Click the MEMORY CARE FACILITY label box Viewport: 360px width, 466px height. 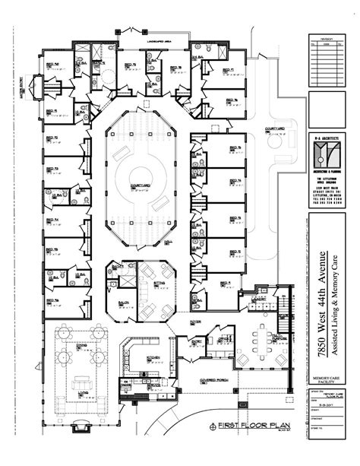330,380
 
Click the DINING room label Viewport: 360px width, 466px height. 82,344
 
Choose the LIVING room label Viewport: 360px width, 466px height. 82,393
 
